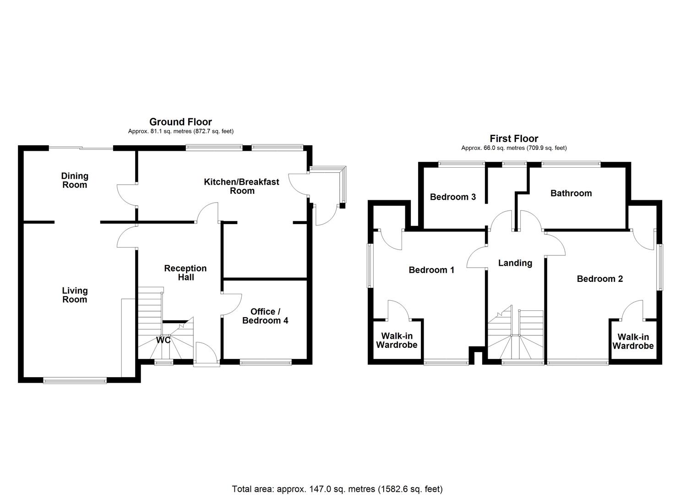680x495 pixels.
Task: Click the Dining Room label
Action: (x=75, y=180)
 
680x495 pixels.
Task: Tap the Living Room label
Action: (x=75, y=295)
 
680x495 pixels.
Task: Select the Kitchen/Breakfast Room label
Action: (x=241, y=186)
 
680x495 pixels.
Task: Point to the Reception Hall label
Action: (x=185, y=273)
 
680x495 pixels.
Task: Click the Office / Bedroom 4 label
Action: (x=265, y=316)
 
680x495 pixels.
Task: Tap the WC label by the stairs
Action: (x=163, y=340)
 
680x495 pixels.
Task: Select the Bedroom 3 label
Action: (x=452, y=197)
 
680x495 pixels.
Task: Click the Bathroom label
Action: (x=571, y=193)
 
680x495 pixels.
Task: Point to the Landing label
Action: (x=515, y=263)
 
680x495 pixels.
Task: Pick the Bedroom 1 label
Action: (x=431, y=270)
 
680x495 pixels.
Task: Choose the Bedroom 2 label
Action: (x=599, y=279)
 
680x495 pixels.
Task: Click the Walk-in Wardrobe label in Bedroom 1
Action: (x=397, y=341)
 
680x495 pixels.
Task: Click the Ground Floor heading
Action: (x=180, y=122)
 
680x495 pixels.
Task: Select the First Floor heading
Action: (x=514, y=138)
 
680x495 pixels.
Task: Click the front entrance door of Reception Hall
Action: (x=207, y=355)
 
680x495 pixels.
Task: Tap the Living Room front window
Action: (x=75, y=379)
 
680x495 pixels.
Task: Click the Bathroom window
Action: (x=571, y=163)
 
